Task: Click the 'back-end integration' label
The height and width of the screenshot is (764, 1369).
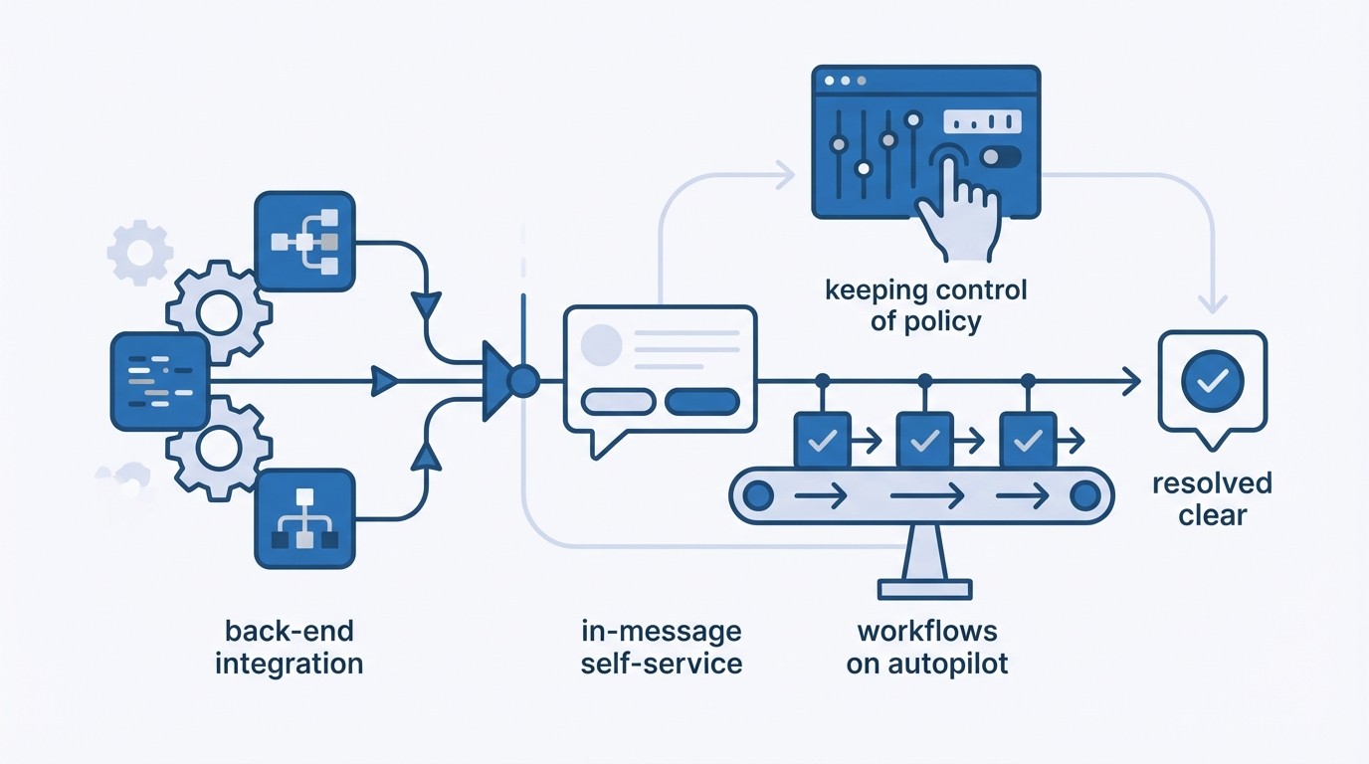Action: click(289, 647)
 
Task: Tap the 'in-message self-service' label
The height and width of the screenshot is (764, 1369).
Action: click(662, 647)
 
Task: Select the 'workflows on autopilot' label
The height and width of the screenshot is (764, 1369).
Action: click(927, 647)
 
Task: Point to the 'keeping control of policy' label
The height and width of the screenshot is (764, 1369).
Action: click(926, 305)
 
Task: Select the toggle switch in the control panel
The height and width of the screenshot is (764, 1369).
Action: click(999, 157)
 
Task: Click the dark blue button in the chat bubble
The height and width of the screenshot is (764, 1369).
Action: click(701, 402)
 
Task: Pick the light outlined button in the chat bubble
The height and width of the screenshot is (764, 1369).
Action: click(618, 402)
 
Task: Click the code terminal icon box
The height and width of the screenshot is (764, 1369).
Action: click(160, 381)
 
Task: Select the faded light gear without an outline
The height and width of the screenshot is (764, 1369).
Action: click(139, 252)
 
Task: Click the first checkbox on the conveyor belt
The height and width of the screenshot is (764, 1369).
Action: click(822, 440)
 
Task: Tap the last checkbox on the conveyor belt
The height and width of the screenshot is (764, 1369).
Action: click(1028, 440)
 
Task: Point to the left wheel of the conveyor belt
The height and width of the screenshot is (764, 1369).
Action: click(760, 494)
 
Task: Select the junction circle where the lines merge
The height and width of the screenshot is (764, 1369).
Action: click(522, 379)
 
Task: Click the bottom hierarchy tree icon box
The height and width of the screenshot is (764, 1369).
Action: click(304, 519)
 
